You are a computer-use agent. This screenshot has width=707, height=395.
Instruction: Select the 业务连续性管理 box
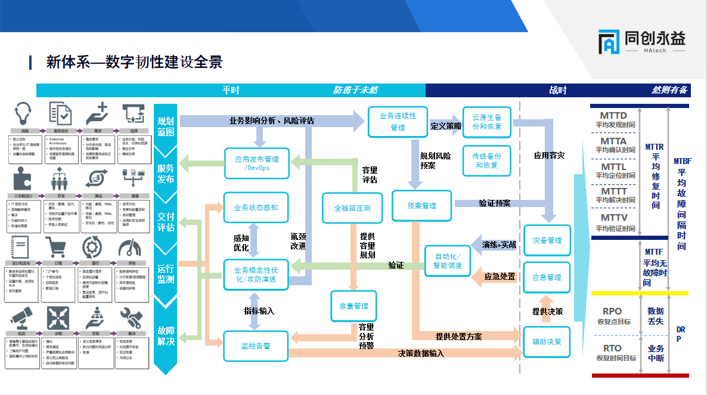pos(398,122)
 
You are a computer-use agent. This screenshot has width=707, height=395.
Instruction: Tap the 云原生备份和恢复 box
pos(487,122)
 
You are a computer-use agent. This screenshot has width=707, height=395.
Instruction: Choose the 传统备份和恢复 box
pos(487,161)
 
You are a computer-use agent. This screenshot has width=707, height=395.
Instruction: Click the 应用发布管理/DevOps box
pos(256,163)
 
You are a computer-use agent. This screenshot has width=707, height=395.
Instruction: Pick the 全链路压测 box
pos(352,208)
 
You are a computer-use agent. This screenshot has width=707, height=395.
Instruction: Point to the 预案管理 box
pos(421,206)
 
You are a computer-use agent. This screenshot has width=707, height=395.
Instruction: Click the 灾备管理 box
pos(547,240)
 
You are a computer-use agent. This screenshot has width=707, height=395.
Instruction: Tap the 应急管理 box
pos(547,277)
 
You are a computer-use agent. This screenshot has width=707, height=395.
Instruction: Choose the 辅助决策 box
pos(547,342)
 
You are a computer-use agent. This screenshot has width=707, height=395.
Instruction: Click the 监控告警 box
pos(256,345)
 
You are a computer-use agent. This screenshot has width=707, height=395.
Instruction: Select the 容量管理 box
pos(353,306)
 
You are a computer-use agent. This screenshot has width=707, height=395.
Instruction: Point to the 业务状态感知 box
pos(256,208)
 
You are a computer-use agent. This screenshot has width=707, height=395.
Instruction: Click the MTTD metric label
pos(613,116)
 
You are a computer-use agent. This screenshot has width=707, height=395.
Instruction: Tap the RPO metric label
pos(612,311)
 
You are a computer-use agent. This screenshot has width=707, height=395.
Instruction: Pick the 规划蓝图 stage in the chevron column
pos(166,126)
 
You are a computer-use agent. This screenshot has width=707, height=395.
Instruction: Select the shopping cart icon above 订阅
pos(58,247)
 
